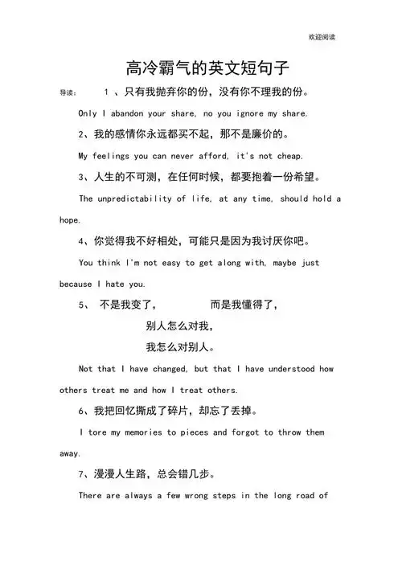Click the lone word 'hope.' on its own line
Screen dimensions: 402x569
(x=70, y=219)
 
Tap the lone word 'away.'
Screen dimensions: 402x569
(x=70, y=454)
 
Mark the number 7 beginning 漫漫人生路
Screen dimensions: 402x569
(x=82, y=474)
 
